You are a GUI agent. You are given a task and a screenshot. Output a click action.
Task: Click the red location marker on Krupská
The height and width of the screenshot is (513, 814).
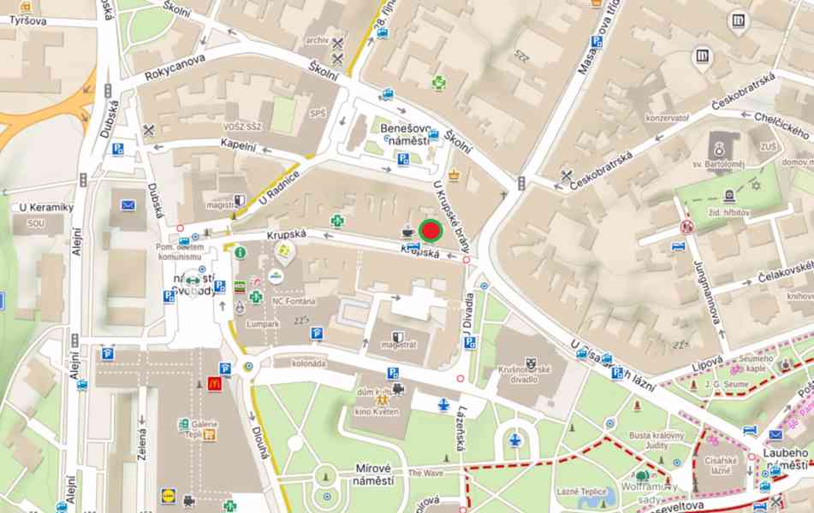[431, 230]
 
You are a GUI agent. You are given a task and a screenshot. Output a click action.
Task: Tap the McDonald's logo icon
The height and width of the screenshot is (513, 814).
[214, 384]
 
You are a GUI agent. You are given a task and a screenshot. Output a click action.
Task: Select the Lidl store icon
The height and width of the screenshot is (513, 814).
[168, 495]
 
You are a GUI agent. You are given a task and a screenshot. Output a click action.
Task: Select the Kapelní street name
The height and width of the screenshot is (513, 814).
[238, 146]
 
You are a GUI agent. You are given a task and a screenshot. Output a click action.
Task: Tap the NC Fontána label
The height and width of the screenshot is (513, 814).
[294, 301]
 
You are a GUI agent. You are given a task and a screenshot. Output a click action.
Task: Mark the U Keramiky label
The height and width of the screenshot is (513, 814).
[46, 207]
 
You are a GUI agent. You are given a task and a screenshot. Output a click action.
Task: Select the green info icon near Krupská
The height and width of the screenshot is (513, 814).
[241, 252]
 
